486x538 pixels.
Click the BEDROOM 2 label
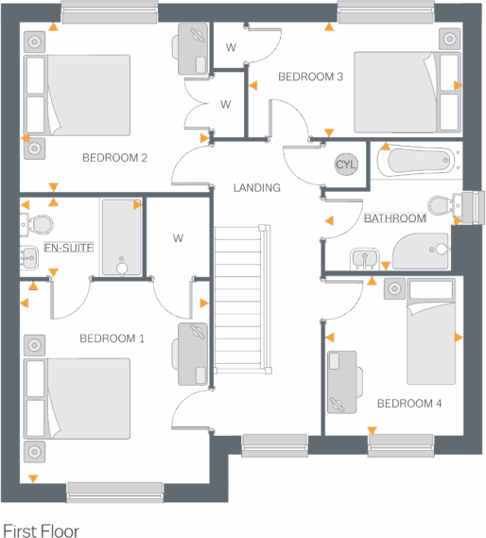click(114, 158)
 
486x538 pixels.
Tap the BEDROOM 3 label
click(310, 77)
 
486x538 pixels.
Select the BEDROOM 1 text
click(112, 338)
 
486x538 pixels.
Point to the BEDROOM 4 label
click(409, 404)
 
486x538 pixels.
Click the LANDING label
click(257, 188)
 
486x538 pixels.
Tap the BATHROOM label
click(395, 218)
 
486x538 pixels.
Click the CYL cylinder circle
click(347, 165)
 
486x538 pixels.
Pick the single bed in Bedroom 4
click(430, 336)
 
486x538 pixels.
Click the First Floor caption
click(42, 531)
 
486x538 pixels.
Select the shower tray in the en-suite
click(120, 237)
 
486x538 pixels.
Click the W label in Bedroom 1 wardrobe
click(178, 238)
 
